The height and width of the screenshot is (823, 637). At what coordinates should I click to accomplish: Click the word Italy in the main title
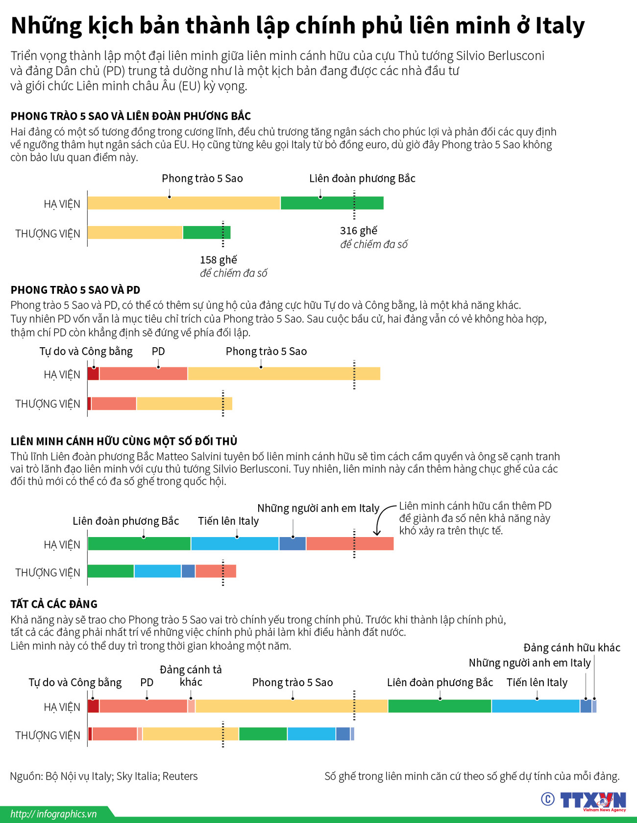click(560, 26)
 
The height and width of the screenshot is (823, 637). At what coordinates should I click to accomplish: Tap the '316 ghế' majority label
click(359, 231)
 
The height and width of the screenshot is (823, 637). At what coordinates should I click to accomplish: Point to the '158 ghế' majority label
click(218, 259)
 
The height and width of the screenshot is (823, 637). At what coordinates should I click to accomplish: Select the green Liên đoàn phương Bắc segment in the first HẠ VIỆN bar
click(332, 203)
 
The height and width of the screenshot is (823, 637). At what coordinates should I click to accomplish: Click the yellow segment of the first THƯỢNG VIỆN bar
click(135, 232)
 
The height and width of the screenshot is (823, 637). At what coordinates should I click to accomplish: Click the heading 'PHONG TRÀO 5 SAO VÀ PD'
click(75, 290)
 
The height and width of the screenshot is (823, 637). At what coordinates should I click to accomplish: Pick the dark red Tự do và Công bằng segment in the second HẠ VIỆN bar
click(93, 374)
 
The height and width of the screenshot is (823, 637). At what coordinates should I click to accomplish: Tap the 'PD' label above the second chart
click(158, 351)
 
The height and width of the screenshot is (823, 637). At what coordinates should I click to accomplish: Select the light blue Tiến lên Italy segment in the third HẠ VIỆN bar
click(235, 543)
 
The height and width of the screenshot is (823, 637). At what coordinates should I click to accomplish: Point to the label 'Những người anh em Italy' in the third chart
click(318, 508)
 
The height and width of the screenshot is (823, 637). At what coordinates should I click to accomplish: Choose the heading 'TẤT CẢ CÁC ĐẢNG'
click(54, 604)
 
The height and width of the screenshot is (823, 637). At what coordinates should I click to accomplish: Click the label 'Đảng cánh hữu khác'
click(571, 647)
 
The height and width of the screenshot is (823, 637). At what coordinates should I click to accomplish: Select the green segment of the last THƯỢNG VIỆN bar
click(263, 734)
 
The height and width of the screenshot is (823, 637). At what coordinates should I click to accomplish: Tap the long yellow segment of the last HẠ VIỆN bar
click(291, 706)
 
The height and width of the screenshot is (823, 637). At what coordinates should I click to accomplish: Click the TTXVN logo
click(593, 800)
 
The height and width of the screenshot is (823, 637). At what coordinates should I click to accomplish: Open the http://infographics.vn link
click(53, 814)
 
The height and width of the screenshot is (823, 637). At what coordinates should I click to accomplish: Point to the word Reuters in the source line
click(180, 776)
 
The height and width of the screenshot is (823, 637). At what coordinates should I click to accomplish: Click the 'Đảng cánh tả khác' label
click(191, 675)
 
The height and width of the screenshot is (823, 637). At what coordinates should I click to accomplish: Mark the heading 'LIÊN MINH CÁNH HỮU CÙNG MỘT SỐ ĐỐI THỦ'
click(124, 441)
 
